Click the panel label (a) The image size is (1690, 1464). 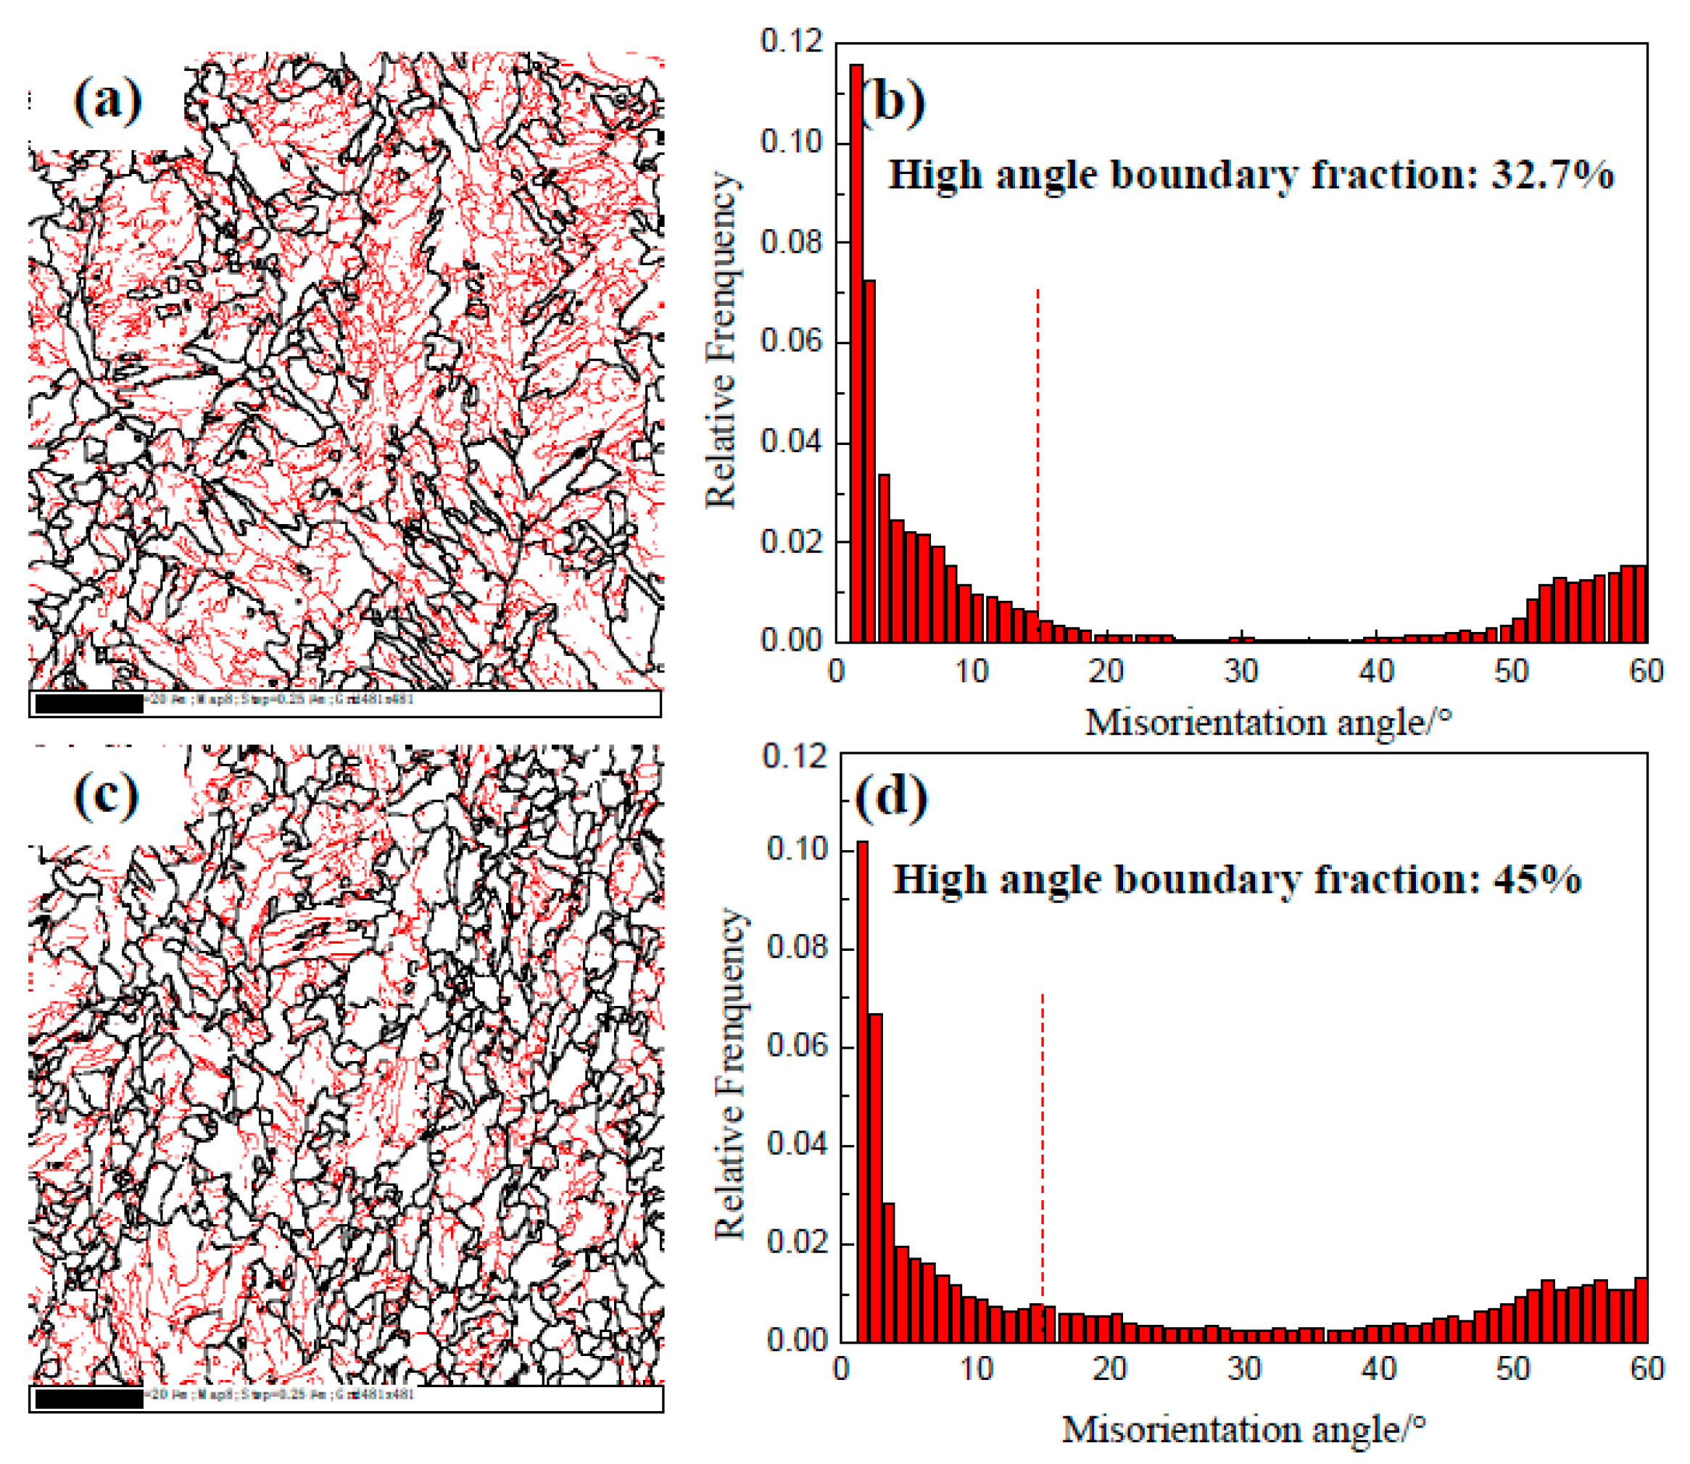point(108,101)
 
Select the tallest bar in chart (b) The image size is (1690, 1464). point(856,352)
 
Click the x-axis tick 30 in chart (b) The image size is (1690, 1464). point(1240,672)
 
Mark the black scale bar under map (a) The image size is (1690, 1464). point(89,704)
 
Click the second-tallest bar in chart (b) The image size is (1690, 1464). point(869,460)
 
